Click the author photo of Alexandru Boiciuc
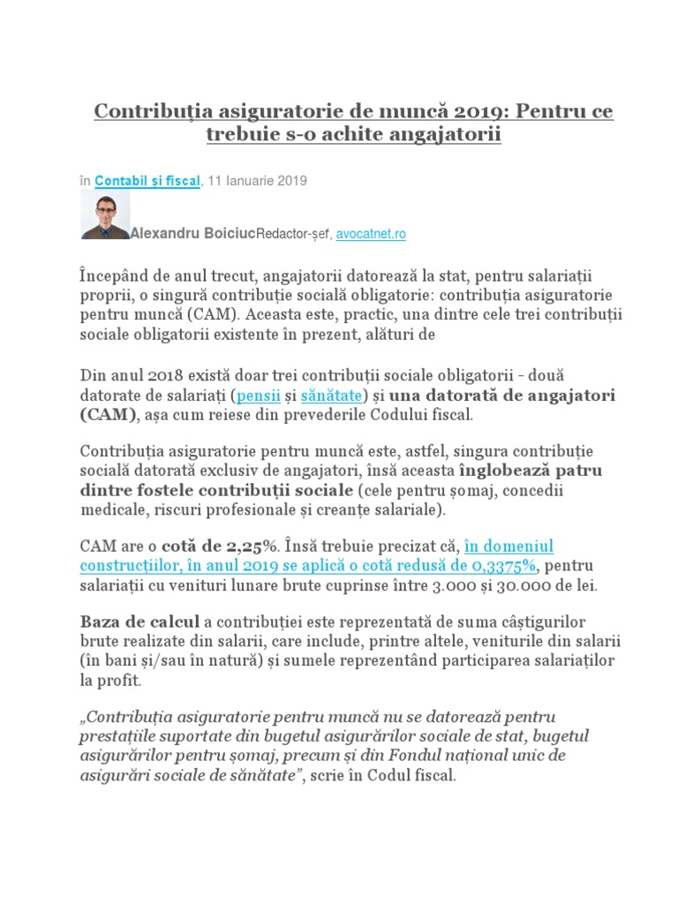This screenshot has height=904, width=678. click(x=105, y=215)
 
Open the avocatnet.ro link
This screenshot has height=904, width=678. click(x=370, y=235)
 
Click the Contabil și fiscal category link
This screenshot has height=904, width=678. click(x=147, y=181)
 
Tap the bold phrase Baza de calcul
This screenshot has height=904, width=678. click(x=139, y=622)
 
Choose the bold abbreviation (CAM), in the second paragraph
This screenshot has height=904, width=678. click(x=109, y=414)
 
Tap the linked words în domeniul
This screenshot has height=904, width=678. click(x=508, y=546)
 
